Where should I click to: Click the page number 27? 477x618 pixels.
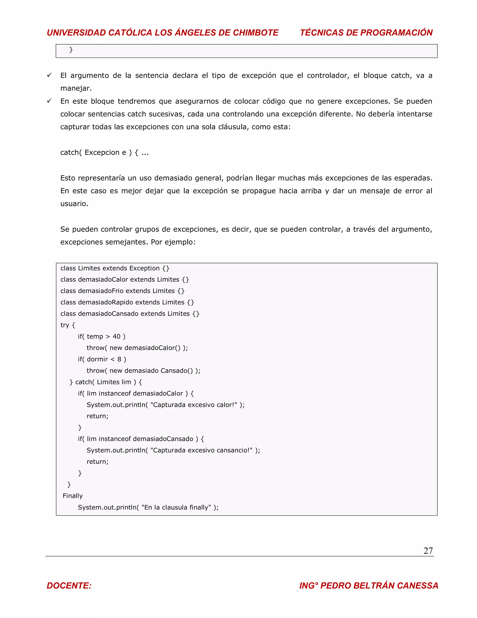428,550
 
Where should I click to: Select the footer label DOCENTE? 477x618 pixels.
69,585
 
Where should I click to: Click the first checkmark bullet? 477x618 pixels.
49,75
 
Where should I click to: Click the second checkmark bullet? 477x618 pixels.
49,101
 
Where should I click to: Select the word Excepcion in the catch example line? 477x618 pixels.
102,153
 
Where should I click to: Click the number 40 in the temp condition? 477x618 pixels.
116,337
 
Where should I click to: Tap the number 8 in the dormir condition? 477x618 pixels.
119,359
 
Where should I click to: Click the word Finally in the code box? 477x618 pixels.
73,496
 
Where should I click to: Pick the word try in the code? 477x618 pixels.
65,325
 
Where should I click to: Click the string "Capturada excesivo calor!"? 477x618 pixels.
194,405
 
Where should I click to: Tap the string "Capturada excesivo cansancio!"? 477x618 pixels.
201,450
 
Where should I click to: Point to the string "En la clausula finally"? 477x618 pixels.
176,507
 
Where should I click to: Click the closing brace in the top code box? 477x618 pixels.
71,50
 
